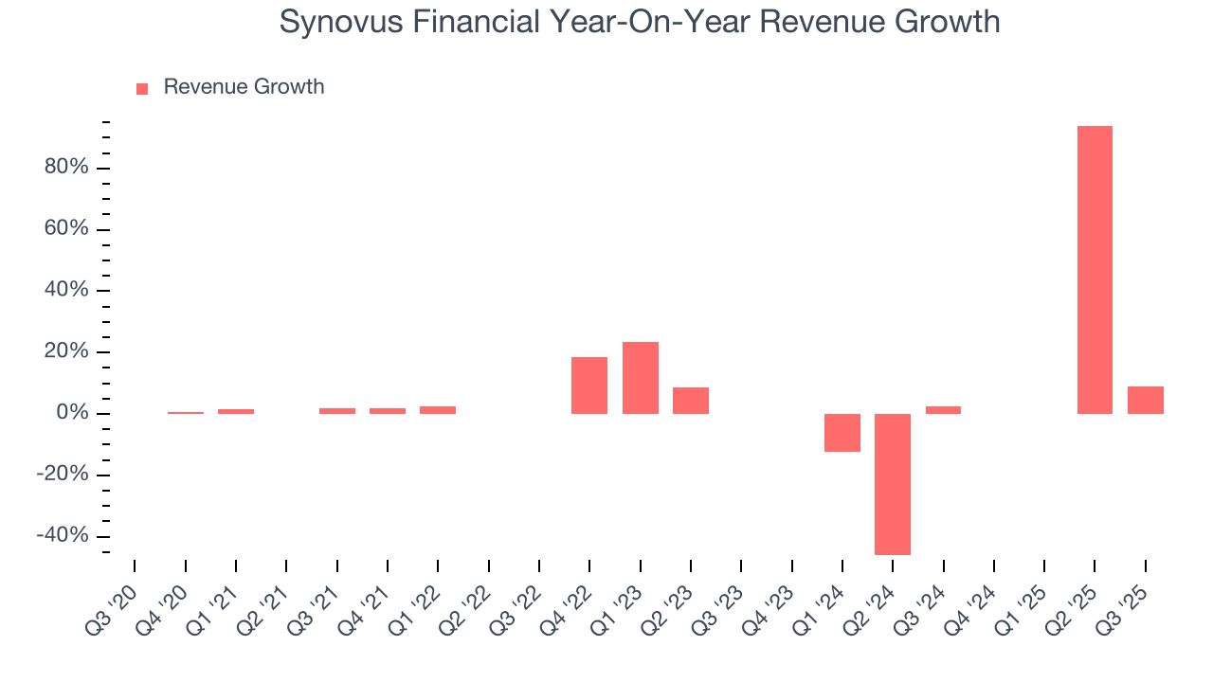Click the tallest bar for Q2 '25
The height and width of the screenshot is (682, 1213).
tap(1095, 270)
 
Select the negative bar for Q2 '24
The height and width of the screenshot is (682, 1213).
tap(893, 484)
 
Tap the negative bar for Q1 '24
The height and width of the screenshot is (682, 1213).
tap(842, 433)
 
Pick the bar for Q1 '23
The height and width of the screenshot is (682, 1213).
tap(641, 378)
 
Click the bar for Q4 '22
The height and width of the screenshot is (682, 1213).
tap(589, 386)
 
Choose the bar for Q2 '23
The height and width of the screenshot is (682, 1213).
tap(691, 401)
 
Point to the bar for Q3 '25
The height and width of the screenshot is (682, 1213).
tap(1146, 400)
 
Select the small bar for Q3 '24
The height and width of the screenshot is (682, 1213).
tap(943, 410)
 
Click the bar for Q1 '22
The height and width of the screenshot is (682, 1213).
tap(438, 410)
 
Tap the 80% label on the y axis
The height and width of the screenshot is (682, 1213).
tap(65, 168)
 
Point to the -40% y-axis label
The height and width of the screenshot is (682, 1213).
tap(63, 536)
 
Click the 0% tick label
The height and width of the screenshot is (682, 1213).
tap(72, 414)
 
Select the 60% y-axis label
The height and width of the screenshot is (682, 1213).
tap(65, 229)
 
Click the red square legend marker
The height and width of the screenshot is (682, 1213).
tap(142, 89)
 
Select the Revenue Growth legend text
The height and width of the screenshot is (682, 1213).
tap(244, 87)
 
